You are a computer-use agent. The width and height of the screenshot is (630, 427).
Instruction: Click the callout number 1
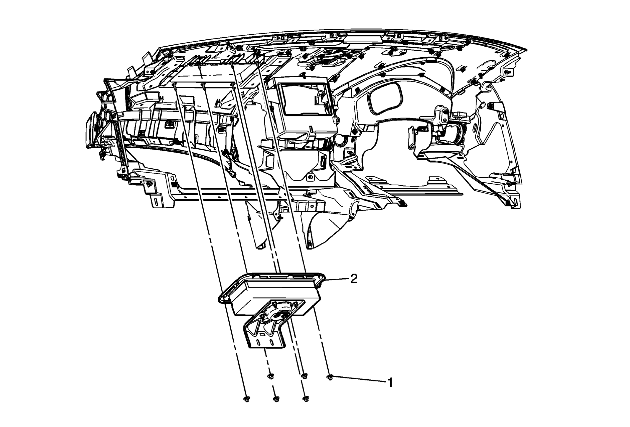click(x=390, y=383)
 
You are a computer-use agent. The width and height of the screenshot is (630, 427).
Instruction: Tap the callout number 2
click(x=354, y=279)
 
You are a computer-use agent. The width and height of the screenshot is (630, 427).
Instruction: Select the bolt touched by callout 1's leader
click(x=330, y=377)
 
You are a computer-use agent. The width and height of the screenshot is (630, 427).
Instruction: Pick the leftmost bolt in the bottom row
click(x=246, y=399)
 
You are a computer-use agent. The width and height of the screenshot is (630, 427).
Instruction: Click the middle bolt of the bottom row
click(x=276, y=399)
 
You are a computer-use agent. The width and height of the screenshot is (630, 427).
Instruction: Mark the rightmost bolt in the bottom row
click(x=306, y=399)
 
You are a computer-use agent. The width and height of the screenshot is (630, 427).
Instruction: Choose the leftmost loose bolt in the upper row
click(x=270, y=376)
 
